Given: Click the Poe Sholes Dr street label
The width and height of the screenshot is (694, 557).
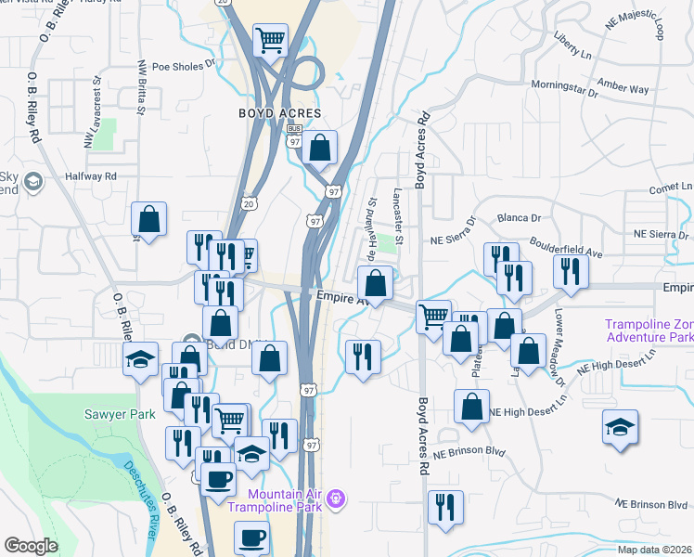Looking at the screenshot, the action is pyautogui.click(x=176, y=66).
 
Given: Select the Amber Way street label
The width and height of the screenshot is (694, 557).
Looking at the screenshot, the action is pyautogui.click(x=623, y=88).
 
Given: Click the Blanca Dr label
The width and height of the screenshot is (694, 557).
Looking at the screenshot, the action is pyautogui.click(x=520, y=218).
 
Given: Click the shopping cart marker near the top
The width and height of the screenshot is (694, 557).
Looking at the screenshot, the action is pyautogui.click(x=270, y=40).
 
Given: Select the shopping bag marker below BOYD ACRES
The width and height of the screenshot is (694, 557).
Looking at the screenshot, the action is pyautogui.click(x=319, y=147).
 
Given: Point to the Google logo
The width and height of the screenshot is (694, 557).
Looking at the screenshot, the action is pyautogui.click(x=31, y=545).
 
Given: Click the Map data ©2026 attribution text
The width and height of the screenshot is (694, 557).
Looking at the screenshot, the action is pyautogui.click(x=655, y=550).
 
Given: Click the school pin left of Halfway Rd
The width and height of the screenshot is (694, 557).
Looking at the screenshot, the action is pyautogui.click(x=34, y=181).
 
